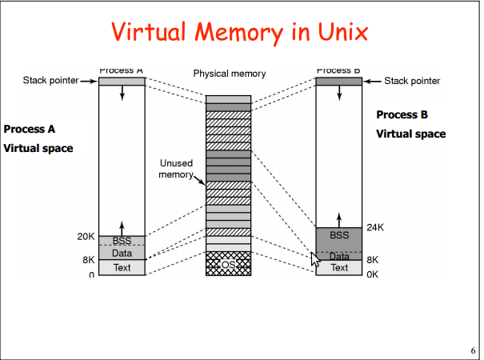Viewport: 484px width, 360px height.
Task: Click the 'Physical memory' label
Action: (x=229, y=74)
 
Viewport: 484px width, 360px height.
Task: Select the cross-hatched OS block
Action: (x=229, y=264)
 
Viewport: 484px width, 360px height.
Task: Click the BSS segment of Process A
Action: (x=122, y=241)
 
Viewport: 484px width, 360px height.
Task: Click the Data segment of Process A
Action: (x=122, y=253)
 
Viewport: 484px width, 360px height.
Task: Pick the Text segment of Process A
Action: (x=122, y=267)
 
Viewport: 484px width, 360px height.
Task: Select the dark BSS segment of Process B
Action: (x=339, y=236)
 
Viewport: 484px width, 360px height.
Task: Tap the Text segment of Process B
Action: (x=339, y=268)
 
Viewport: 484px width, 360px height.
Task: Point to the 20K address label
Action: (x=86, y=237)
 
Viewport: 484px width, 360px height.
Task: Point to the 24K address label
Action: (x=375, y=227)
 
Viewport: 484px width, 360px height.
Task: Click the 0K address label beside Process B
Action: (x=373, y=274)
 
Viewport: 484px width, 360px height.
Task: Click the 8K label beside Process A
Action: (x=88, y=260)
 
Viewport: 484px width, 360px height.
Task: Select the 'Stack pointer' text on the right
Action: (x=412, y=81)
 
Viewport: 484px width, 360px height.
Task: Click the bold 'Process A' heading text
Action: (x=30, y=129)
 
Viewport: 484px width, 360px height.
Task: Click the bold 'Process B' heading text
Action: (x=402, y=114)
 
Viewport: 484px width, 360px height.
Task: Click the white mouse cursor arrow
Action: (x=315, y=260)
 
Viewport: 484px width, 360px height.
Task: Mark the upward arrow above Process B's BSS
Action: (x=339, y=218)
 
